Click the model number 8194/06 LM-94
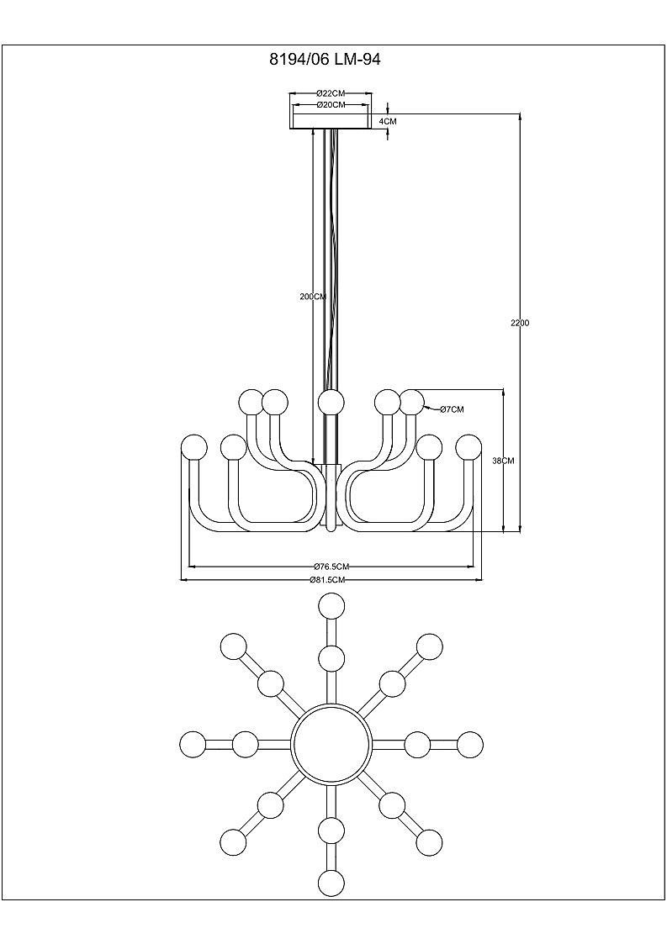click(x=324, y=60)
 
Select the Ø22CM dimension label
click(x=331, y=93)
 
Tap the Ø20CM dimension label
click(x=331, y=105)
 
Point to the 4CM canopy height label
click(x=388, y=121)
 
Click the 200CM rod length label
click(x=313, y=296)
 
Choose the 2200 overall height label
click(x=519, y=323)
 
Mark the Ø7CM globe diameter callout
click(x=452, y=409)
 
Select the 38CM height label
click(x=502, y=461)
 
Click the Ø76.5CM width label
click(x=331, y=567)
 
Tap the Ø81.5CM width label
click(x=327, y=580)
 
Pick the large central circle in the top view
click(x=329, y=741)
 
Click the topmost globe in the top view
click(x=331, y=605)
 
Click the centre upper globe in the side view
click(x=331, y=402)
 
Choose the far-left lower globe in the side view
click(x=194, y=448)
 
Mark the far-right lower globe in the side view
click(x=468, y=448)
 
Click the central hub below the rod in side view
click(x=331, y=498)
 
